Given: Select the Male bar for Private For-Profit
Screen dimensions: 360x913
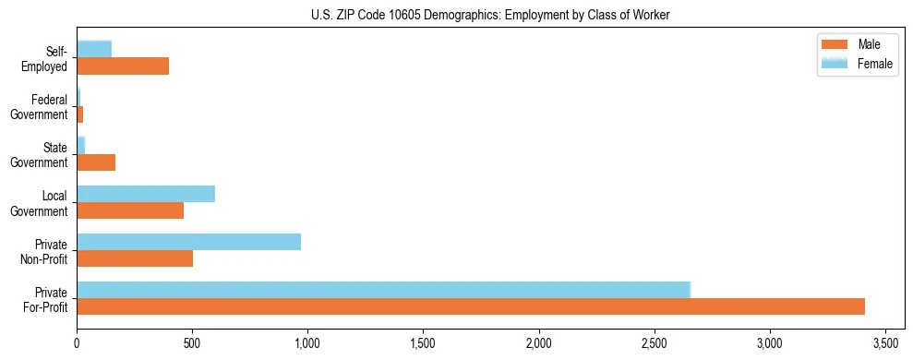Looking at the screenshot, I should click(471, 306).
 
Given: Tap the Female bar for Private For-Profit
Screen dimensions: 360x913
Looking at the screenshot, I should click(383, 290).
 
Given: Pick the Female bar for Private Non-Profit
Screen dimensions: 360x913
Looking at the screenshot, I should click(188, 242).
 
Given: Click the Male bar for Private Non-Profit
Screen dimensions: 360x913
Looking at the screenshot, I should click(135, 258).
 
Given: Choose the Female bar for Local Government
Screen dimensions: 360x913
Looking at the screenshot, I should click(146, 194).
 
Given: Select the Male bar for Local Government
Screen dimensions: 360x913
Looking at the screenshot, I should click(130, 210).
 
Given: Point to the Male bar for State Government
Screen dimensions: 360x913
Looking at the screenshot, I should click(96, 162).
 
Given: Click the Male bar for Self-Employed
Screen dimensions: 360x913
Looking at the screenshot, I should click(123, 66).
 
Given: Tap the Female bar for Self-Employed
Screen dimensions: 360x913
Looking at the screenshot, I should click(94, 49).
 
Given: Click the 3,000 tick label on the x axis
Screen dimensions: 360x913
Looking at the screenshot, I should click(769, 342).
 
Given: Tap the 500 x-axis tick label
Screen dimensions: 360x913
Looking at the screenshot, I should click(192, 342).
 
